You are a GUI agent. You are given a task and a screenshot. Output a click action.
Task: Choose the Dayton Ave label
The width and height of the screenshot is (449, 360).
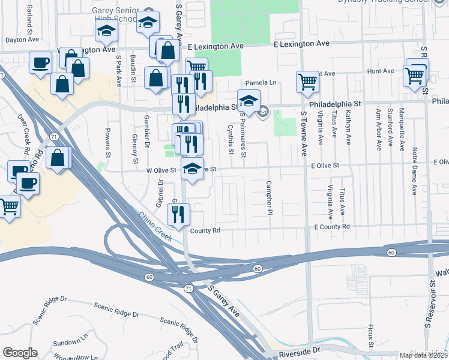[x=22, y=40]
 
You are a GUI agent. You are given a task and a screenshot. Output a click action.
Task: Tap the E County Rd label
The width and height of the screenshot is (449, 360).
[x=331, y=227]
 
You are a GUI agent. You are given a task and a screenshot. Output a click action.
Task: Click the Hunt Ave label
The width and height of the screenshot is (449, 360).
[x=380, y=71]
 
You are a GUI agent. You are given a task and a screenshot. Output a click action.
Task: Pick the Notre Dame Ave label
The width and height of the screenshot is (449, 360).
[x=414, y=173]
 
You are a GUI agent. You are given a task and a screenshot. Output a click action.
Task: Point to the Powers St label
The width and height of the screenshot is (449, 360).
[x=108, y=142]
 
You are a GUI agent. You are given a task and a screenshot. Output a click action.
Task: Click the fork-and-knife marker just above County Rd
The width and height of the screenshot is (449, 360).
[x=178, y=214]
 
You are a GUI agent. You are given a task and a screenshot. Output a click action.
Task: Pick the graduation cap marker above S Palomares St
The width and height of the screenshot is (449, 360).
[x=249, y=100]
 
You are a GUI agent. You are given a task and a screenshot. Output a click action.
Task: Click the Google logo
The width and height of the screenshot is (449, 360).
[x=20, y=353]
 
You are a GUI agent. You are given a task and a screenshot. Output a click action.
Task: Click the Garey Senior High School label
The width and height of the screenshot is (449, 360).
[x=123, y=14]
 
